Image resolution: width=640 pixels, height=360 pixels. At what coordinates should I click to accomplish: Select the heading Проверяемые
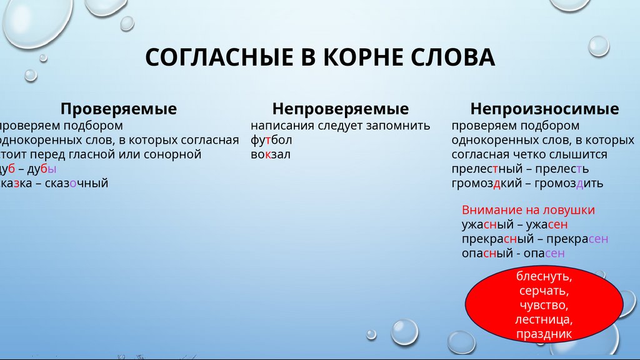[x=118, y=109]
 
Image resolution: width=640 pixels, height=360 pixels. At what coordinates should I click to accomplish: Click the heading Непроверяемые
[x=341, y=109]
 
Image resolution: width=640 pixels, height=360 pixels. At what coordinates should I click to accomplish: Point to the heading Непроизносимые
[x=544, y=109]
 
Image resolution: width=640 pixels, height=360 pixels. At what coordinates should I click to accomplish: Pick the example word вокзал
[x=271, y=154]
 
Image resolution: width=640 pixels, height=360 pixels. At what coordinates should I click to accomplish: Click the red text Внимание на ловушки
[x=528, y=210]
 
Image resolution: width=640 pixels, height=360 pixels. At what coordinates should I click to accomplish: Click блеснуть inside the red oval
[x=544, y=276]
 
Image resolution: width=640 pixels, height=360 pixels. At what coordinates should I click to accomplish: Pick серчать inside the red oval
[x=544, y=291]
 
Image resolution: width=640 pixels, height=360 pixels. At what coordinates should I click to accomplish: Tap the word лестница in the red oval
[x=544, y=320]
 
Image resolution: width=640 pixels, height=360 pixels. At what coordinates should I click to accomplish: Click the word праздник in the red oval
[x=544, y=335]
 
